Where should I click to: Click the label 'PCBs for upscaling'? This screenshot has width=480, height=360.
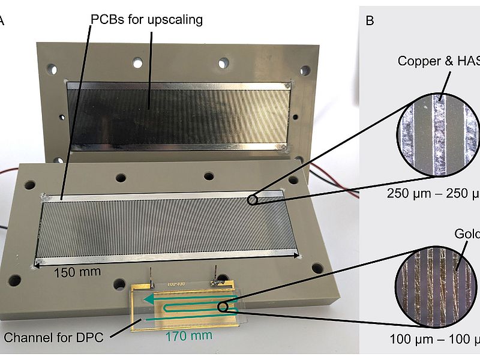click(146, 20)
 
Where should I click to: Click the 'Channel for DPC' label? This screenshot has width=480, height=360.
click(54, 337)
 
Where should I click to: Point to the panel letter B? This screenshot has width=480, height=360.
click(370, 22)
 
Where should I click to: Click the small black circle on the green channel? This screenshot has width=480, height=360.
click(223, 308)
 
